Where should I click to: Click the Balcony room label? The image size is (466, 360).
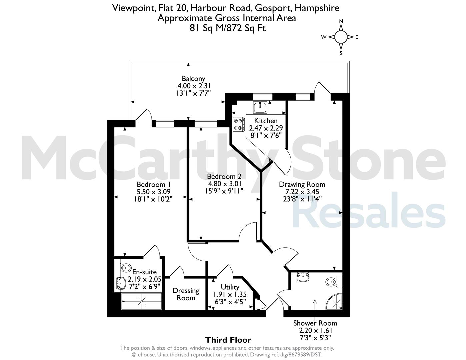[193, 79]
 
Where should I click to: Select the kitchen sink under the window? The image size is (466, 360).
[260, 107]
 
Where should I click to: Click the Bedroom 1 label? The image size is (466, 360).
[154, 184]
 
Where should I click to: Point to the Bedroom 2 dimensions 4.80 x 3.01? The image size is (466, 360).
[225, 184]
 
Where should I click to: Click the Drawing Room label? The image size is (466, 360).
[302, 184]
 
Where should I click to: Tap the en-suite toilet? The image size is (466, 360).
[126, 267]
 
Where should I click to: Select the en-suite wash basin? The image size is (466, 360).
[121, 283]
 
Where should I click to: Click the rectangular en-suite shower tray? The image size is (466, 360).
[142, 301]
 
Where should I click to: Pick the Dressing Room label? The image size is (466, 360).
[186, 294]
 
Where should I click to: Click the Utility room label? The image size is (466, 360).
[230, 287]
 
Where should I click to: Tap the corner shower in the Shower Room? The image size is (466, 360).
[334, 301]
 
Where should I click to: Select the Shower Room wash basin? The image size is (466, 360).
[303, 277]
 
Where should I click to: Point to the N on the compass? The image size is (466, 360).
[341, 21]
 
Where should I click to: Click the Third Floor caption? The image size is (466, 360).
[228, 340]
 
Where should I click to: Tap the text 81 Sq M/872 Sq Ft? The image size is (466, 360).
[228, 28]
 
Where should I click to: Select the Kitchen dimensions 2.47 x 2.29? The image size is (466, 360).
[266, 128]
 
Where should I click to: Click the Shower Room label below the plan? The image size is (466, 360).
[315, 323]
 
